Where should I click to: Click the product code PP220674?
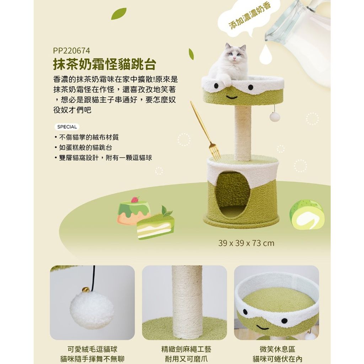pyautogui.click(x=71, y=51)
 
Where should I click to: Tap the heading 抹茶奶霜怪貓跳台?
pyautogui.click(x=105, y=64)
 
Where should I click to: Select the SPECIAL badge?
pyautogui.click(x=67, y=127)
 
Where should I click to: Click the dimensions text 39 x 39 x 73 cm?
pyautogui.click(x=246, y=243)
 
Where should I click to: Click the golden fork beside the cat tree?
pyautogui.click(x=206, y=131)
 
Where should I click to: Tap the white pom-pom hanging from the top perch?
pyautogui.click(x=275, y=116)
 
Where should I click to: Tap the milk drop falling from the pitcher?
pyautogui.click(x=266, y=55)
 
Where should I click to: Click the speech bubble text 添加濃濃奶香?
pyautogui.click(x=250, y=16)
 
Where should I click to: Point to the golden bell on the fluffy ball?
pyautogui.click(x=86, y=289)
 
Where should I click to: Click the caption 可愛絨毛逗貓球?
pyautogui.click(x=92, y=349)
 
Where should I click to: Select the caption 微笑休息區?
pyautogui.click(x=277, y=349)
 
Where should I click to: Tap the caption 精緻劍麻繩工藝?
pyautogui.click(x=186, y=349)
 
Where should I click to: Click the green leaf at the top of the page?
pyautogui.click(x=119, y=14)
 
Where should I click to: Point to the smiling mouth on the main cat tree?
pyautogui.click(x=232, y=97)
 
